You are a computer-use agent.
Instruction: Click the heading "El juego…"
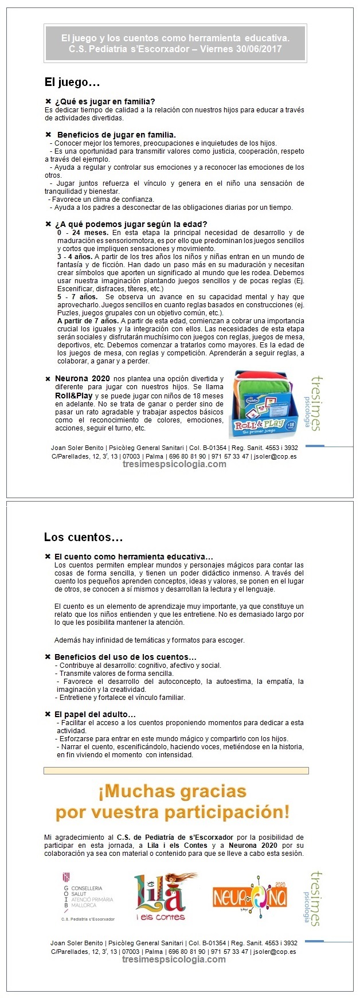click(x=72, y=82)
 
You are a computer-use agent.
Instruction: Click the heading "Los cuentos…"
click(x=83, y=537)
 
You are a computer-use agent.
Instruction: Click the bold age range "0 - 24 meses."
click(x=83, y=233)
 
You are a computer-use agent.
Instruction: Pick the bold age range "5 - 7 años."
click(x=77, y=297)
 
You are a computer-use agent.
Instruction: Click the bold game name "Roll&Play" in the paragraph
click(x=72, y=396)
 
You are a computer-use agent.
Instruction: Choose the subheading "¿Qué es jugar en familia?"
click(x=105, y=101)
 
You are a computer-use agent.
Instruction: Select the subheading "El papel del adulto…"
click(x=95, y=714)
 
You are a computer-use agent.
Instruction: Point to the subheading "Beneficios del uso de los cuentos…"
click(x=125, y=657)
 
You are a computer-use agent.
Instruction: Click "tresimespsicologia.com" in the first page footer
click(x=174, y=464)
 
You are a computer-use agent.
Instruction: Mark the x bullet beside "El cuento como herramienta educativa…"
click(x=48, y=557)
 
